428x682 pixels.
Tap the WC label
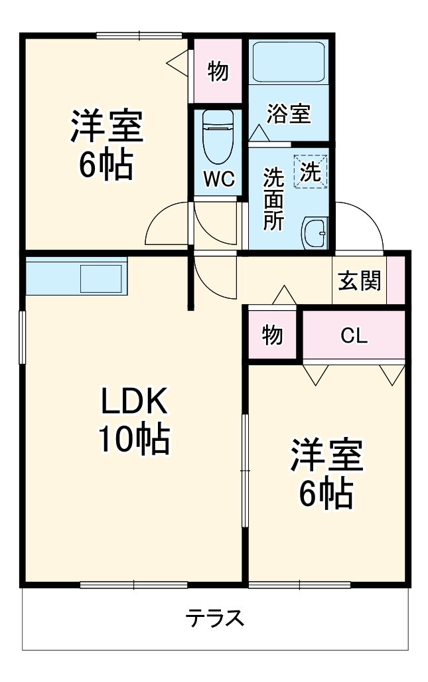[x=218, y=179]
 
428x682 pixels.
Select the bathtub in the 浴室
[x=289, y=62]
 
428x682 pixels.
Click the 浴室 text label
[x=289, y=114]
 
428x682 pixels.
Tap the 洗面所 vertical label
[x=272, y=199]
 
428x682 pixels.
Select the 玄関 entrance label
[x=360, y=281]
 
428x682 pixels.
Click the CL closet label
[x=354, y=336]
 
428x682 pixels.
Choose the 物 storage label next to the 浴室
[x=218, y=71]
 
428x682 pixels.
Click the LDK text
[x=136, y=402]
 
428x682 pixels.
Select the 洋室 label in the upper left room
[x=107, y=128]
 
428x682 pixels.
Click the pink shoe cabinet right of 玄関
[x=395, y=280]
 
